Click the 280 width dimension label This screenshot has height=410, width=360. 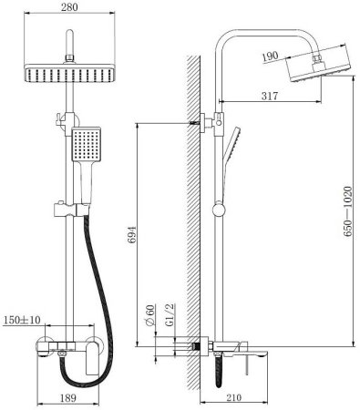69,7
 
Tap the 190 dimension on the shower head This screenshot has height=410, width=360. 270,56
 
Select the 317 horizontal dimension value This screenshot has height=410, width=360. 270,96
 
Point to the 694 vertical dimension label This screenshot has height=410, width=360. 131,235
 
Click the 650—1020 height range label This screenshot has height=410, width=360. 347,211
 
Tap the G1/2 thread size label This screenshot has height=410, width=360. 170,314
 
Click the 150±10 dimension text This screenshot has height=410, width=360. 22,320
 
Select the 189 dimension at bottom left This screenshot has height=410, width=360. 67,397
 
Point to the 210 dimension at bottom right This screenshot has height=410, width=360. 233,397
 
